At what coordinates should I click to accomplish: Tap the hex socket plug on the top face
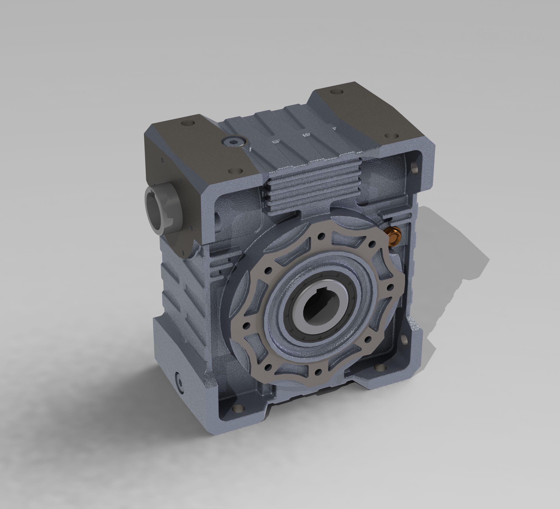(x=234, y=142)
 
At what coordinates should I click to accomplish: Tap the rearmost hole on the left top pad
(x=187, y=123)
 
